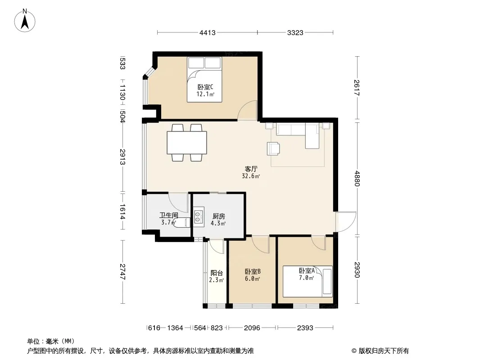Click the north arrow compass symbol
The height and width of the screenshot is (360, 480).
pos(25,20)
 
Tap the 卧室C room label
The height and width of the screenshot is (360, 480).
pos(205,87)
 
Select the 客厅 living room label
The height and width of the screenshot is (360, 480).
pos(251,169)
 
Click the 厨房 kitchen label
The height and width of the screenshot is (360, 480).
pos(218,216)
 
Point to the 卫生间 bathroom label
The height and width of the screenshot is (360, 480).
pos(169,216)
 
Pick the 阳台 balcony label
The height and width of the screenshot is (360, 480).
pos(217,273)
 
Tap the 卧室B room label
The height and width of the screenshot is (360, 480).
pos(253,272)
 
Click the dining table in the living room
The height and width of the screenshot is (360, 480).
pos(187,143)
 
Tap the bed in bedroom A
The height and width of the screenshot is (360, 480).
pos(308,281)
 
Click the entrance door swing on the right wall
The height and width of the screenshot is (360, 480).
pos(346,221)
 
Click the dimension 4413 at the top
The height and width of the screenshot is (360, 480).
pos(208,32)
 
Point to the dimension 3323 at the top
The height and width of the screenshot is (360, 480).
pos(295,32)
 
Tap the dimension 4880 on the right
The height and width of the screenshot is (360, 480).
pos(357,178)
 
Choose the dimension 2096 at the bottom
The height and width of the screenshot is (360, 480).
pos(252,328)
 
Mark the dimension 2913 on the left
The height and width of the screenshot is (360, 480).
pos(122,157)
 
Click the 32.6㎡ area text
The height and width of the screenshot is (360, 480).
pos(251,176)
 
